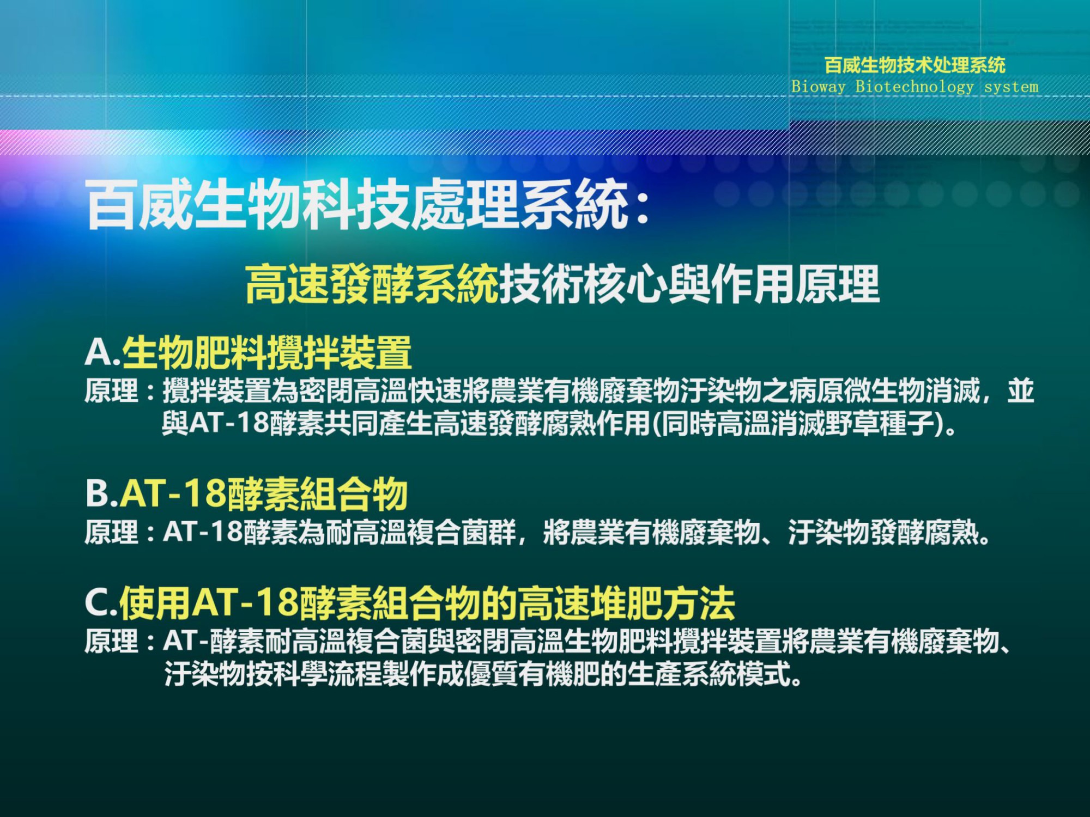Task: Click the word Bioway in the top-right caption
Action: [818, 87]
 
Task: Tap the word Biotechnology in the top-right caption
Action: [914, 87]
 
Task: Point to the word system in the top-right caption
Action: [1011, 87]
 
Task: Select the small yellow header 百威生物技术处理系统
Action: [915, 65]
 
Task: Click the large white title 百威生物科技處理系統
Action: [357, 205]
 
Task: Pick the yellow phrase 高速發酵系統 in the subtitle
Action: [372, 283]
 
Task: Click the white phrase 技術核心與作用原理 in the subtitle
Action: [689, 283]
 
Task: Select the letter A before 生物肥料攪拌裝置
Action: [99, 352]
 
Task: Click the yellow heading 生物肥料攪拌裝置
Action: [267, 352]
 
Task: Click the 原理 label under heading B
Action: [112, 532]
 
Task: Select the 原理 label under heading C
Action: [112, 641]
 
